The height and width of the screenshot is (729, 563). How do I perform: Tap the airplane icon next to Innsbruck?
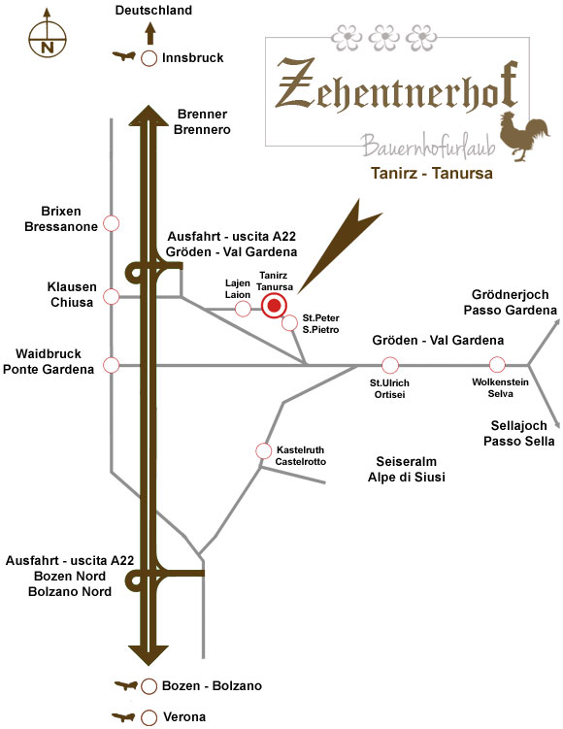(x=124, y=56)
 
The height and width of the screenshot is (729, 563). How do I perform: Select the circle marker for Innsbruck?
(x=149, y=58)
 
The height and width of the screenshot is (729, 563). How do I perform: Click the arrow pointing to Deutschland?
(x=149, y=33)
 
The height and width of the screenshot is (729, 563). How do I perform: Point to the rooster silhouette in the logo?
(x=524, y=136)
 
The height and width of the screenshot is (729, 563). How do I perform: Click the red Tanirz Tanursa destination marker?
(x=275, y=306)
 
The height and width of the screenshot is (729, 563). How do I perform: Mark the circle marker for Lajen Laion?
(x=243, y=308)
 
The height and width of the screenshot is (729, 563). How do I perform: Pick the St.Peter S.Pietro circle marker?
(x=289, y=322)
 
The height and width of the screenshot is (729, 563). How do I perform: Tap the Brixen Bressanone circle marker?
(x=111, y=223)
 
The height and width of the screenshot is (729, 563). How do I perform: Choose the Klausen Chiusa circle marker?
(x=111, y=296)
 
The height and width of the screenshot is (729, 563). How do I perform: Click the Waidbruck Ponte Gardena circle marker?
(x=111, y=365)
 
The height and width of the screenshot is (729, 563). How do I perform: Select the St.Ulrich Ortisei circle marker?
(x=390, y=365)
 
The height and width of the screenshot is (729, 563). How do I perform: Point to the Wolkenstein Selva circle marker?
(x=497, y=365)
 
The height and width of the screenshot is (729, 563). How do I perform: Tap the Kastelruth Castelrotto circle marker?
(x=264, y=450)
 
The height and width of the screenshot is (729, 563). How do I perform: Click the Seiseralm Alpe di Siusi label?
(x=407, y=469)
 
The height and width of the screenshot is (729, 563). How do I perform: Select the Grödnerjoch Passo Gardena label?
(x=510, y=302)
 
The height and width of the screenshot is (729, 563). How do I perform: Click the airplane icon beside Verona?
(x=124, y=717)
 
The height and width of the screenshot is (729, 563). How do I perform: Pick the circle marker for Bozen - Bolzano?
(x=149, y=686)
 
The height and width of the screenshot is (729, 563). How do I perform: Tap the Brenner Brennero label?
(x=202, y=121)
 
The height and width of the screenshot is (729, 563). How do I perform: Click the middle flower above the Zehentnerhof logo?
(x=384, y=37)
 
